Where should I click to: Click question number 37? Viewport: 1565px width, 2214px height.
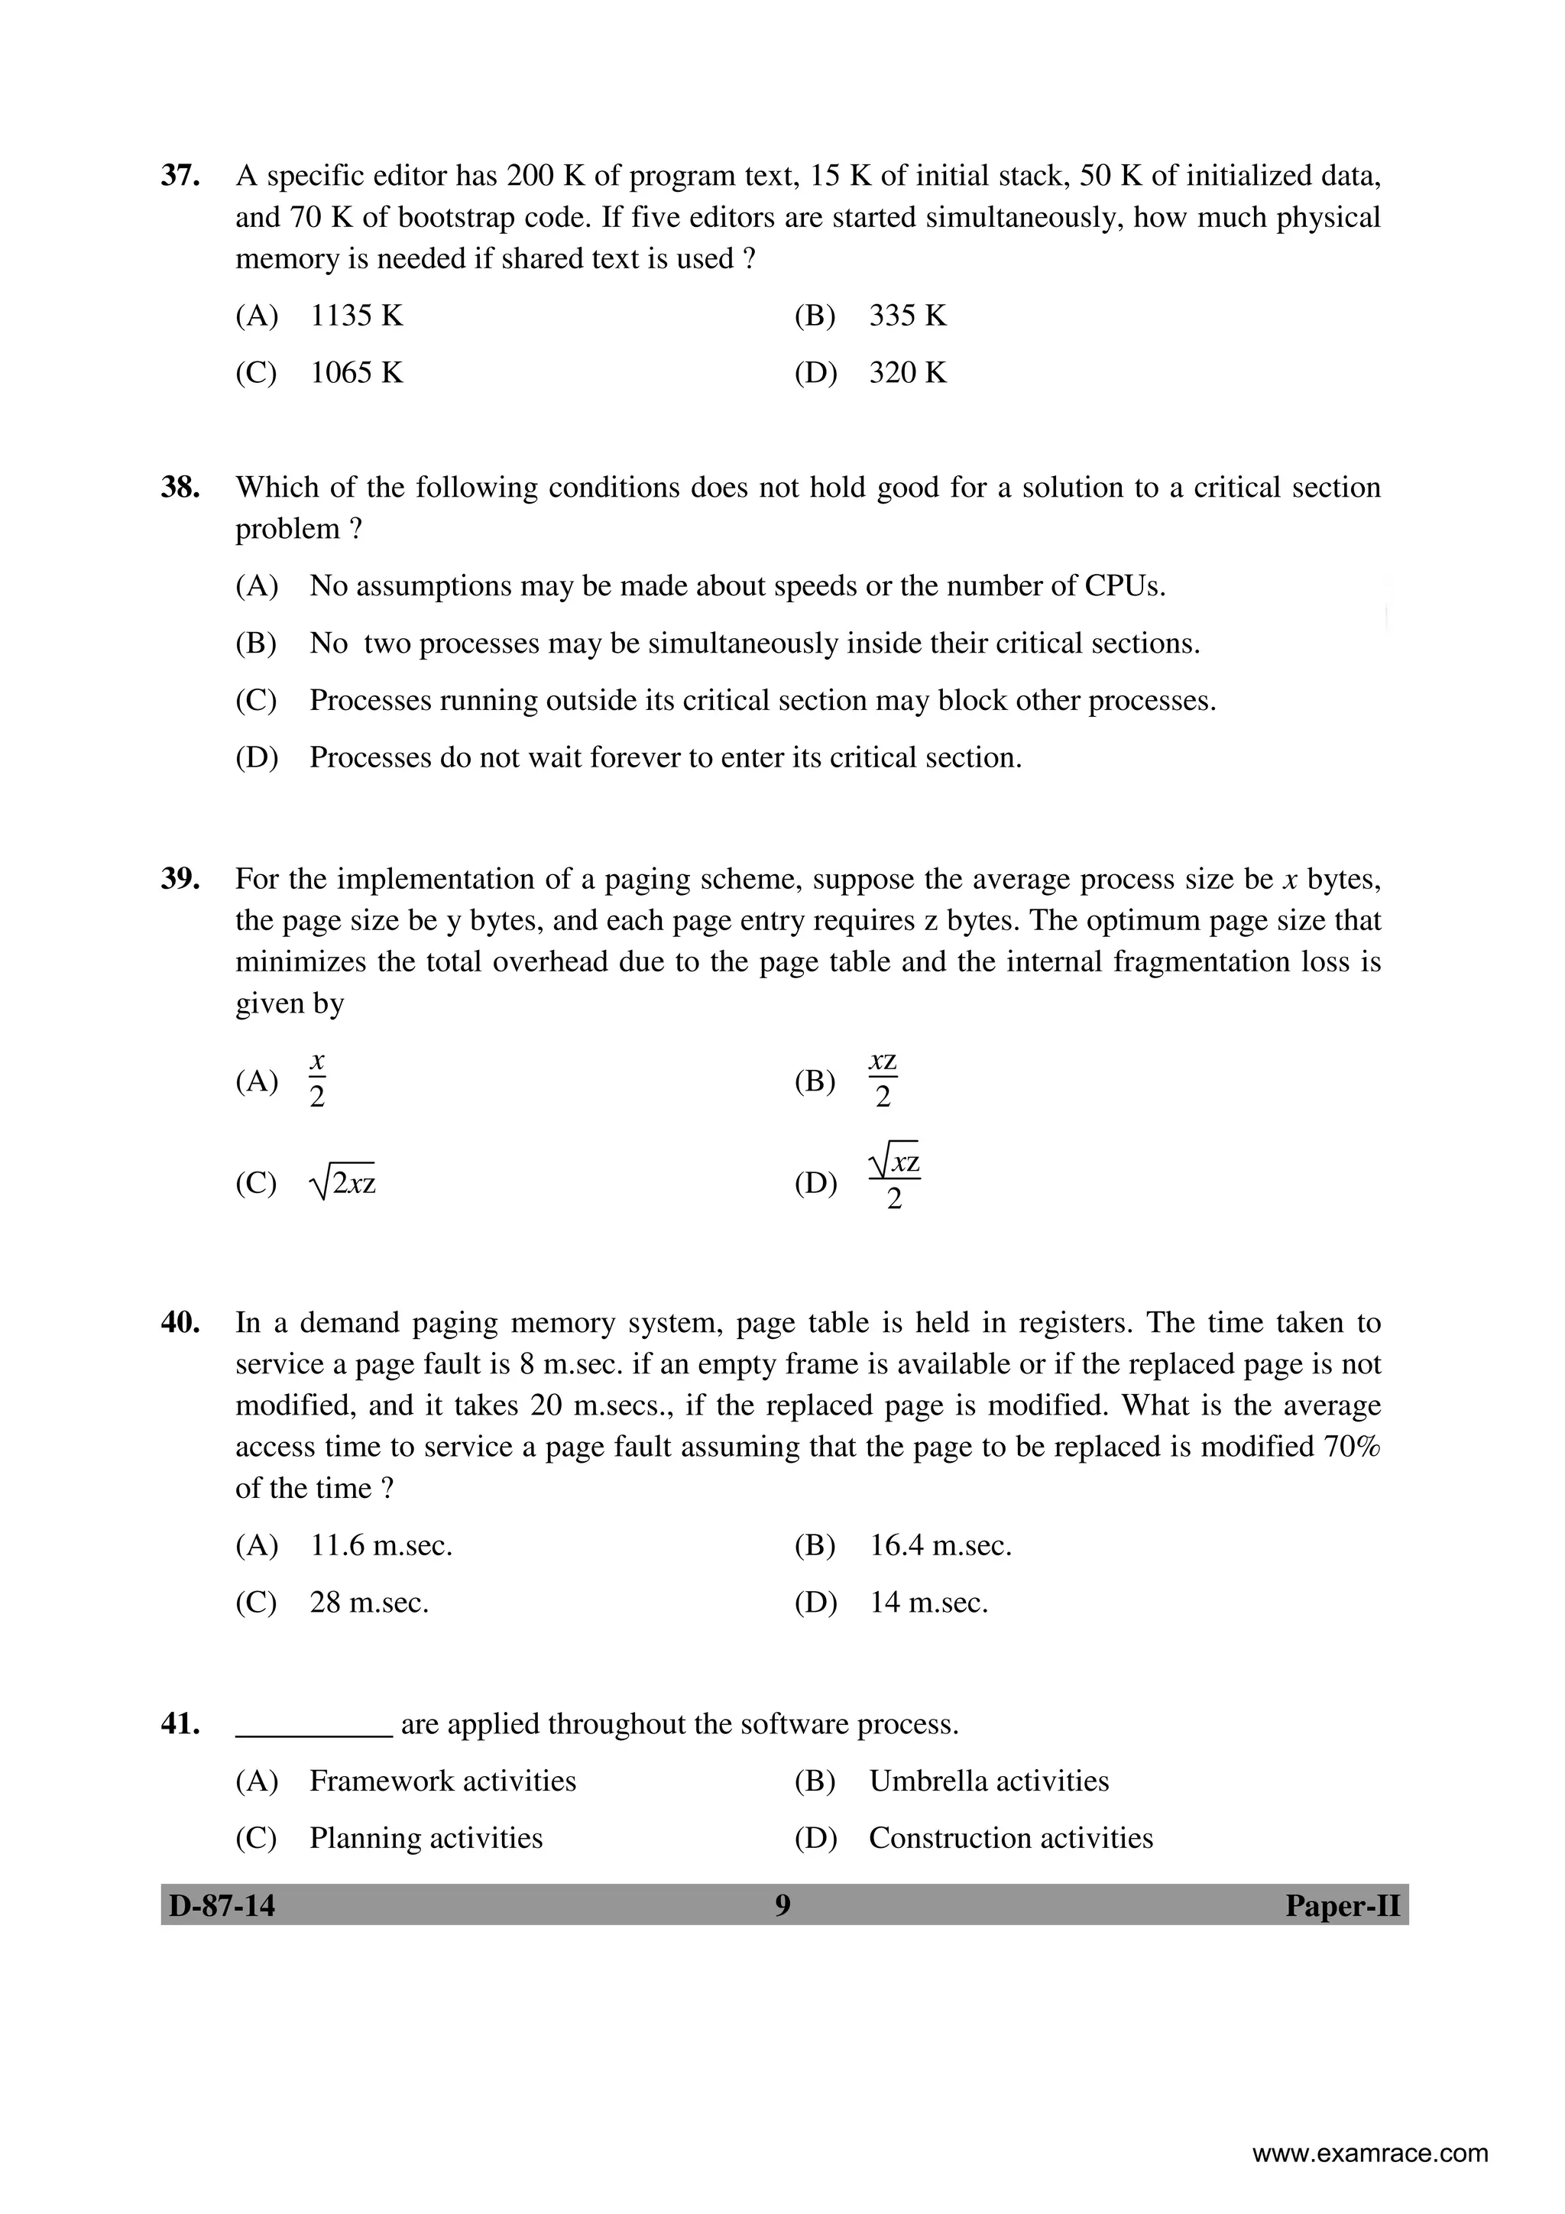(x=180, y=176)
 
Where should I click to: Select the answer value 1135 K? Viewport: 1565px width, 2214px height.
(x=356, y=316)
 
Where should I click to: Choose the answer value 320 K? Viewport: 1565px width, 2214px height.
(x=907, y=372)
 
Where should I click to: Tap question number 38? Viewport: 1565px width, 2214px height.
(x=180, y=487)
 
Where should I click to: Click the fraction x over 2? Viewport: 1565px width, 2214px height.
(x=317, y=1081)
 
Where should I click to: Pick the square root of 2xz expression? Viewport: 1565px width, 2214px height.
(x=343, y=1182)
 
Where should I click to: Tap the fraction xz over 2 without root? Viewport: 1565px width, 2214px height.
(x=883, y=1080)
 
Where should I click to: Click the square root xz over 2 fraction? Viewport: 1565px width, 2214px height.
(x=894, y=1182)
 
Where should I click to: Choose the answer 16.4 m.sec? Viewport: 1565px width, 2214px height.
(x=940, y=1546)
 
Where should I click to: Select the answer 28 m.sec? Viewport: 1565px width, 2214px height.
(x=368, y=1603)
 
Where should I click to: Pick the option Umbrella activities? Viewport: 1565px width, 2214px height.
(x=988, y=1781)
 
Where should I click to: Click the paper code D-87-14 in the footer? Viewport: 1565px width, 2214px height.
(x=222, y=1906)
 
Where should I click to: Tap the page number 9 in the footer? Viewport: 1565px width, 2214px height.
(x=782, y=1905)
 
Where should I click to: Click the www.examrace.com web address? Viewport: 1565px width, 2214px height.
(x=1369, y=2154)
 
